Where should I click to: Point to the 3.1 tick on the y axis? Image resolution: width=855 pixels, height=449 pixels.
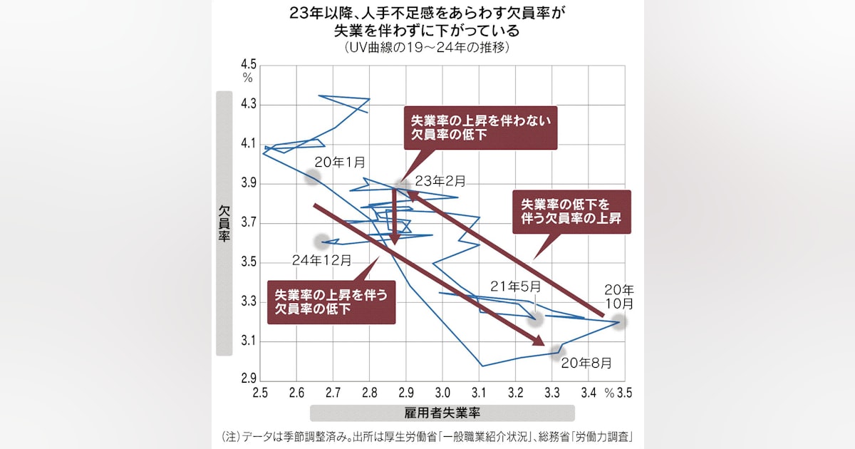[x=248, y=341]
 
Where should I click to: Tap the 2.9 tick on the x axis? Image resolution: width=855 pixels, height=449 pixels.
[x=406, y=393]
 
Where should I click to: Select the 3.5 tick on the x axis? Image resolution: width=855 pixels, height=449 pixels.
[x=625, y=393]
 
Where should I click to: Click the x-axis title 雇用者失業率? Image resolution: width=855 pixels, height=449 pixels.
[x=442, y=413]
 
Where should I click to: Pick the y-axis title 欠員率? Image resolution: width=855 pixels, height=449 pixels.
[x=224, y=222]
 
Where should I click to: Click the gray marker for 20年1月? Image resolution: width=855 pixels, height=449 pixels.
[x=312, y=177]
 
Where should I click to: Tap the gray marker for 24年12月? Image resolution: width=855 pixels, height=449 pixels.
[x=321, y=241]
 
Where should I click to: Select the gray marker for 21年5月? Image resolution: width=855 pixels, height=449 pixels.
[x=535, y=319]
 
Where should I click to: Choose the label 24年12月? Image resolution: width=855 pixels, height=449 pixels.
[x=321, y=260]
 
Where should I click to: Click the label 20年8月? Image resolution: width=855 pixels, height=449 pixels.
[x=586, y=363]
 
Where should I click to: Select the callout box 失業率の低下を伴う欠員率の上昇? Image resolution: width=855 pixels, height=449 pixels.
[x=572, y=212]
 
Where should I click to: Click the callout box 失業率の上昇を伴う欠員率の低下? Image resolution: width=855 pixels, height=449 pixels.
[x=331, y=301]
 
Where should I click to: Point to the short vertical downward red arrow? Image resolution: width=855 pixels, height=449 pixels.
[x=393, y=217]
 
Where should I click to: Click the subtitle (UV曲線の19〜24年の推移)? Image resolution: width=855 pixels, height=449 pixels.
[x=427, y=48]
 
